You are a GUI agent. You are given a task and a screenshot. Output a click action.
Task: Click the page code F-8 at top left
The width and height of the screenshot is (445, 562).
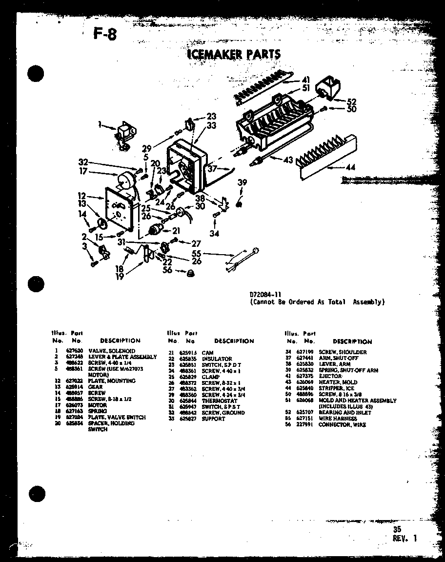pos(104,35)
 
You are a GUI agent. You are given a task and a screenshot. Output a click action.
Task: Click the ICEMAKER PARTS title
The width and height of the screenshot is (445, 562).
pos(234,54)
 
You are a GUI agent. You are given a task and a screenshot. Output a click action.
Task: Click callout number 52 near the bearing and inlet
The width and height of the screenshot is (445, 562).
pos(351,101)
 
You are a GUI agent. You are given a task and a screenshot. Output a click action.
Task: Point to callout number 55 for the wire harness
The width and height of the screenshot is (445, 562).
pos(197,254)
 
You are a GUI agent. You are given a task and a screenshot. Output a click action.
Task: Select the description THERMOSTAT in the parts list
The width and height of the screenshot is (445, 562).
pos(219,401)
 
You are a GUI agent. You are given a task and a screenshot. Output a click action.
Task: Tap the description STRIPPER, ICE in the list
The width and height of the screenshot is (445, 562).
pos(337,388)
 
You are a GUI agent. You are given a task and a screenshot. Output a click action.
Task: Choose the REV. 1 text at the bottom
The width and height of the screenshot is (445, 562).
pos(405,538)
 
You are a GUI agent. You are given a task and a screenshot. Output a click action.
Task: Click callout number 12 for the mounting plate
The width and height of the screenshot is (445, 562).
pos(81,196)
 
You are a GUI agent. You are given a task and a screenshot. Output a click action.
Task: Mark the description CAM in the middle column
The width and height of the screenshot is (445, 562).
pos(207,352)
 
